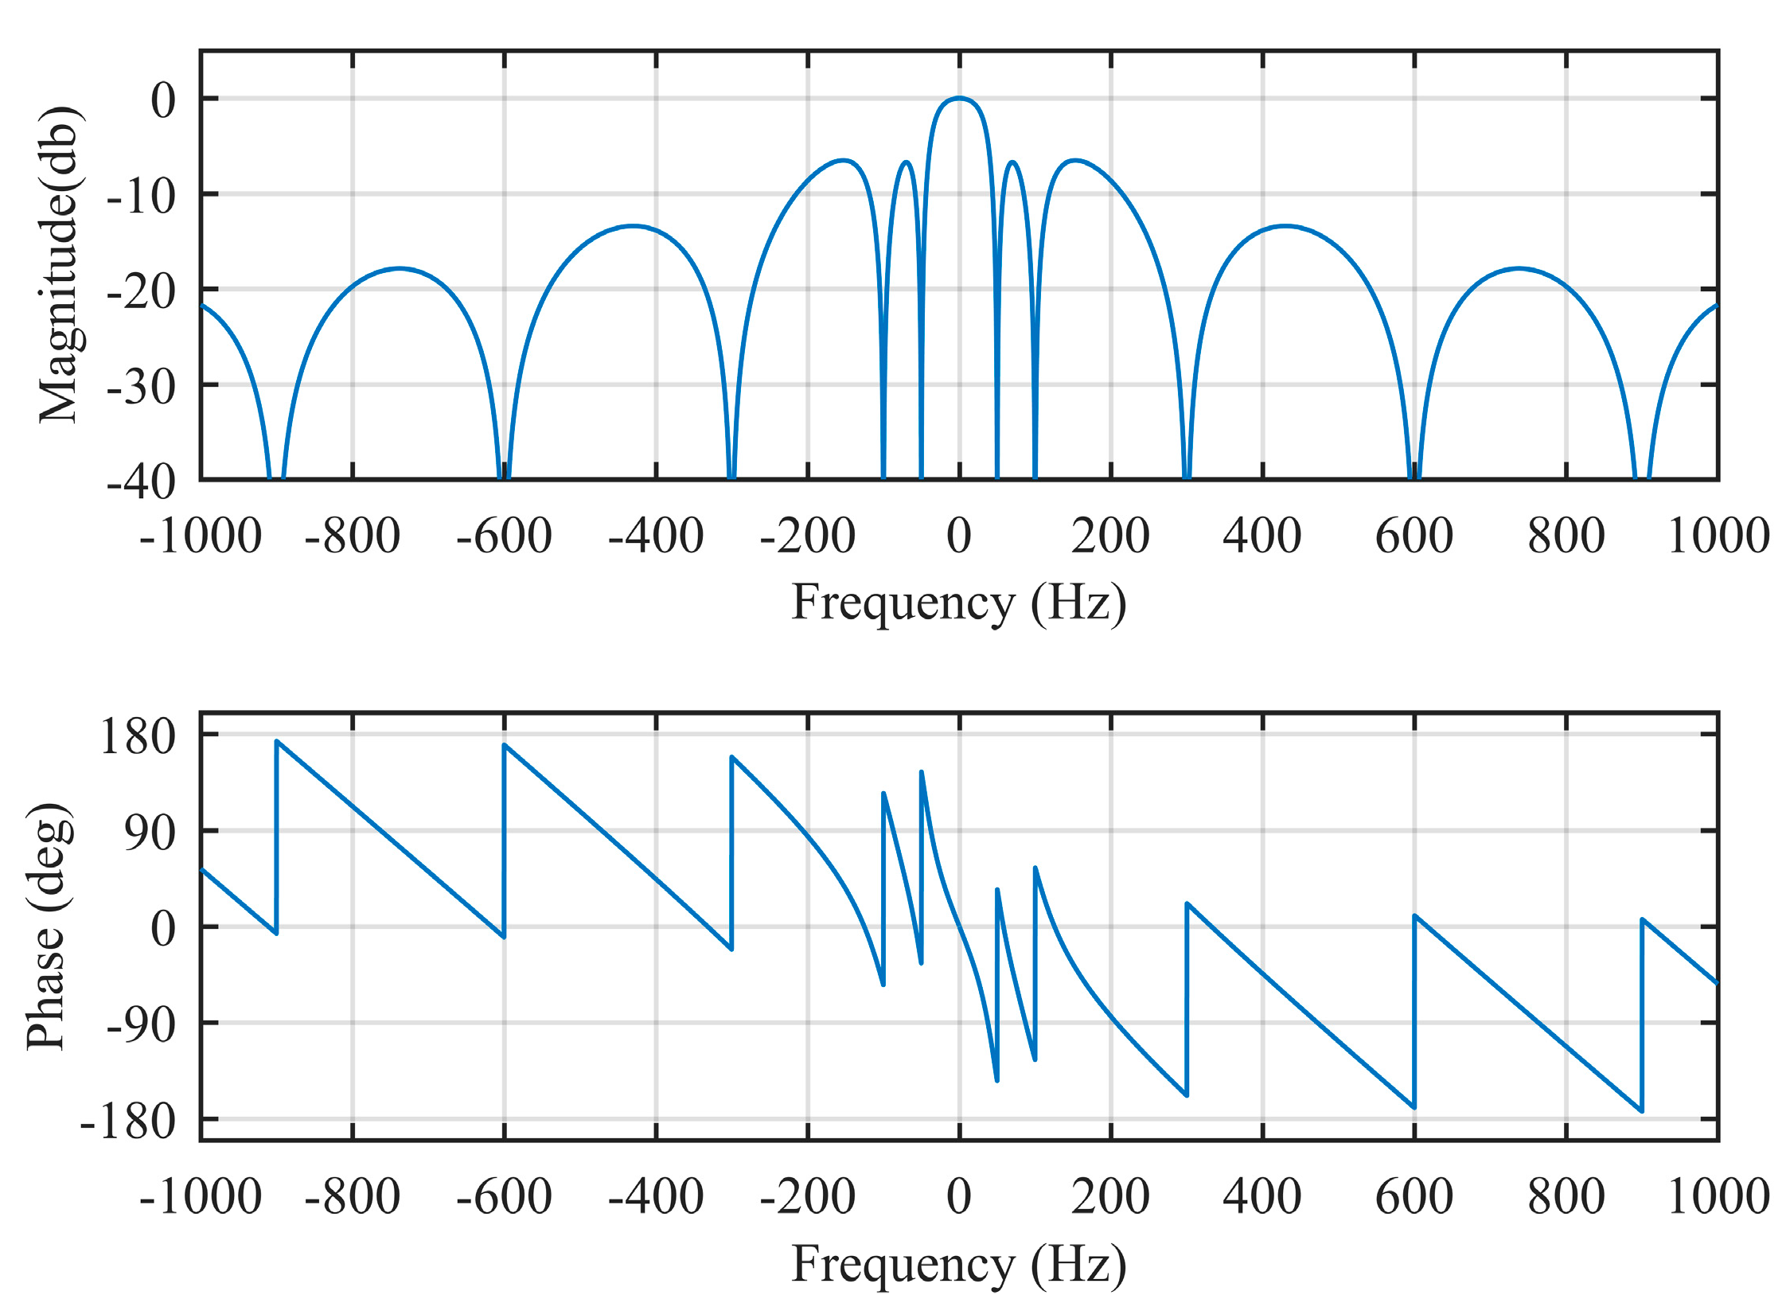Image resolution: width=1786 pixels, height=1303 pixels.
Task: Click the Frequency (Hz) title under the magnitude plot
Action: coord(958,603)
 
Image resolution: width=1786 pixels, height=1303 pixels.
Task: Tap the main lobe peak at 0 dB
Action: coord(959,98)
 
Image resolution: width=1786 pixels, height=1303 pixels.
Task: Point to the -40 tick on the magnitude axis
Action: coord(141,482)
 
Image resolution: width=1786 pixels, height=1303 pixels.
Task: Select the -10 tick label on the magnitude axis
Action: coord(141,196)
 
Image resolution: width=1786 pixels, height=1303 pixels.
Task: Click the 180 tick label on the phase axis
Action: coord(137,735)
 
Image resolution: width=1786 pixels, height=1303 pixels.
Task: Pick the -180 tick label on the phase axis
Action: coord(127,1122)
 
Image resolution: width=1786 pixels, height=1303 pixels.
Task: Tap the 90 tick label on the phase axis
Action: coord(150,833)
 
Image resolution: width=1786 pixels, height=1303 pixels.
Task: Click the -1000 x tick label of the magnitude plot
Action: coord(200,536)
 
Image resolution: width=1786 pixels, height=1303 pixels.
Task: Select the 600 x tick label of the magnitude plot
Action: coord(1414,536)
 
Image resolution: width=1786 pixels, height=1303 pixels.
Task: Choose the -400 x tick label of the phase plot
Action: coord(656,1196)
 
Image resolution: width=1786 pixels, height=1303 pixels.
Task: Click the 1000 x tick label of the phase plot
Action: coord(1718,1196)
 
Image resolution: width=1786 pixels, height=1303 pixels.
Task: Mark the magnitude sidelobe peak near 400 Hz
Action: coord(1285,226)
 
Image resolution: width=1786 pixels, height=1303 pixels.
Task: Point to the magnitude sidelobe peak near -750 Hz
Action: coord(400,268)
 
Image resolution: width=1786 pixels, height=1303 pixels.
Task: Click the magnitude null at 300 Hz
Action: coord(1187,476)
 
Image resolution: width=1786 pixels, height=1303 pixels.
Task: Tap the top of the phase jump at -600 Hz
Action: coord(505,745)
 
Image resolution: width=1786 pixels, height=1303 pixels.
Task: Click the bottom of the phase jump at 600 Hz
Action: coord(1414,1107)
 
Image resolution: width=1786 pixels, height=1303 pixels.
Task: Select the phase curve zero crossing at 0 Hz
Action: coord(959,927)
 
